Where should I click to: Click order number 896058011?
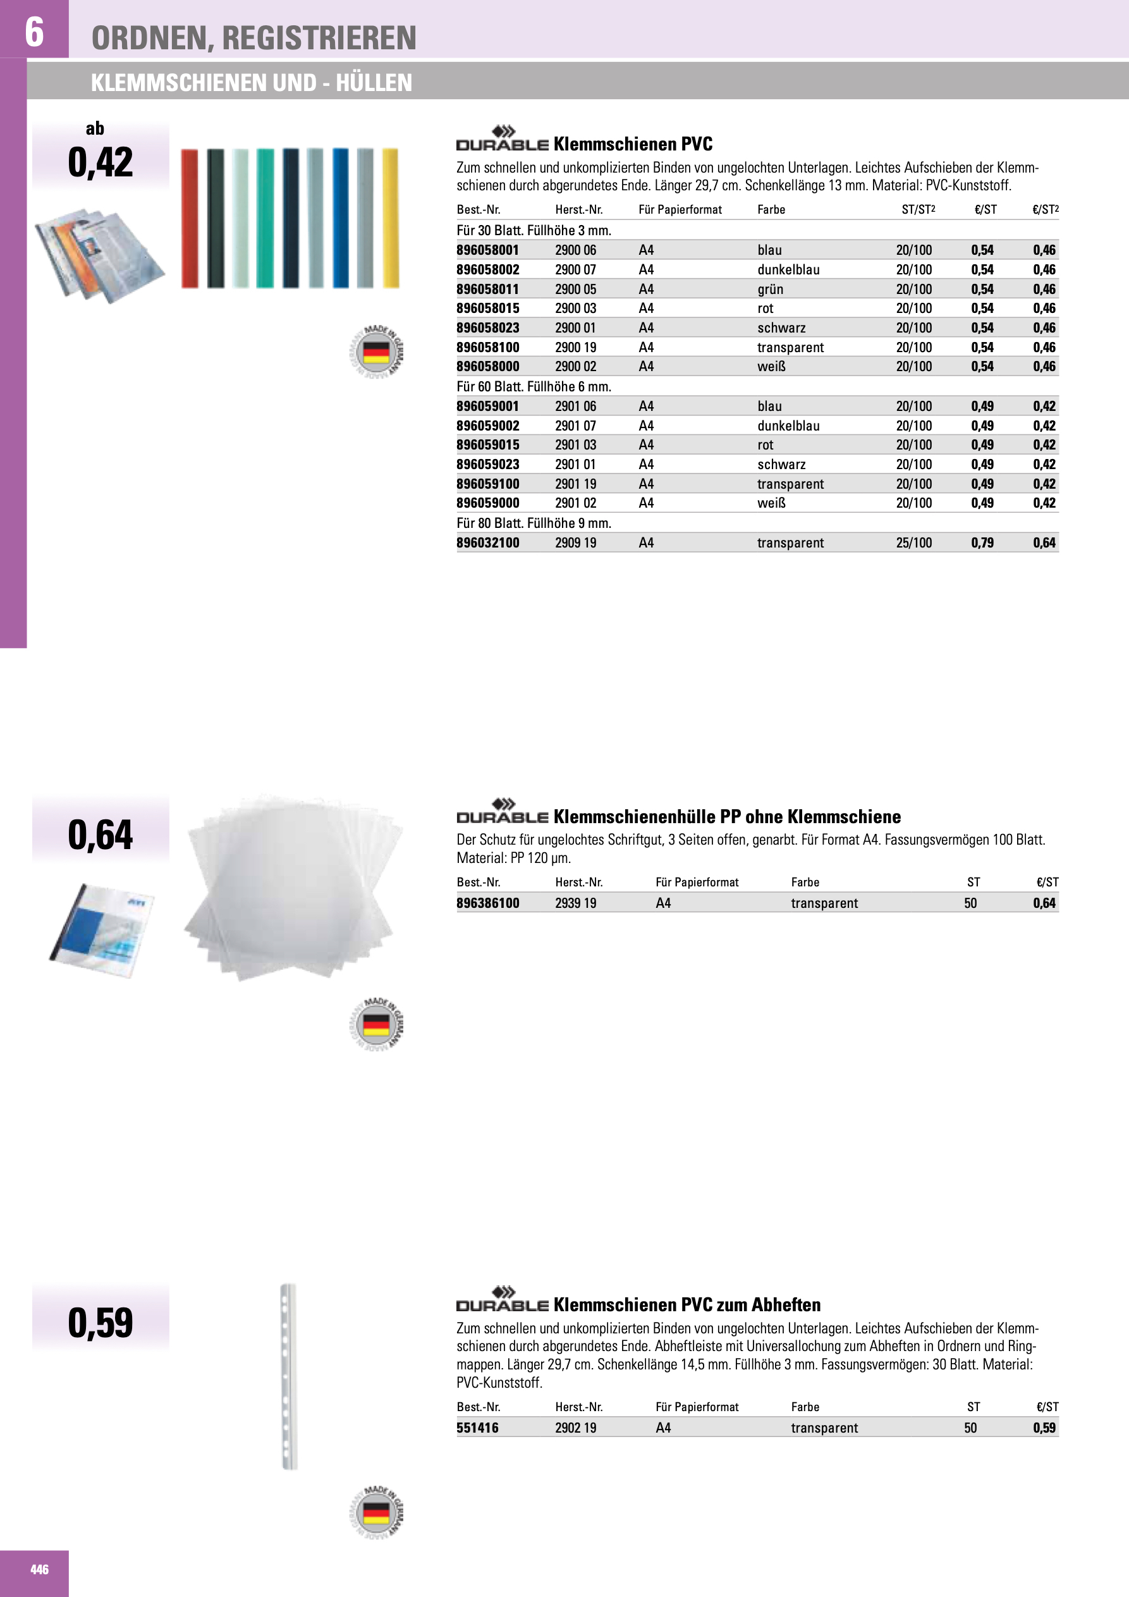487,290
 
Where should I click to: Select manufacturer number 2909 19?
575,543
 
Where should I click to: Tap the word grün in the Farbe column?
770,290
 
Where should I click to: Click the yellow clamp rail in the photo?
390,217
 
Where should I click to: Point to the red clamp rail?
189,218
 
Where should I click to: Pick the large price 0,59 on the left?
100,1323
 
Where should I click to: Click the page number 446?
39,1570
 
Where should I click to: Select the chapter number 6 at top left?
34,32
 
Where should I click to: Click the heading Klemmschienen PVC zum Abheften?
687,1305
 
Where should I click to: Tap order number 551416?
477,1428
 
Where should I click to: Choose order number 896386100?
487,903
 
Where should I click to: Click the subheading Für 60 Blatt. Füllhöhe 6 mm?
534,387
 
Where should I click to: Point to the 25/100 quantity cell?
913,543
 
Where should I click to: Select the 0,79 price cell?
982,543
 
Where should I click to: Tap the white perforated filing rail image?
288,1376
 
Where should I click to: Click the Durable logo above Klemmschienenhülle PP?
503,812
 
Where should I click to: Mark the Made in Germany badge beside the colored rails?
376,352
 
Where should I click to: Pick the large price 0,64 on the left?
100,835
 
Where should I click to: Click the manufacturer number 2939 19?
575,903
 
